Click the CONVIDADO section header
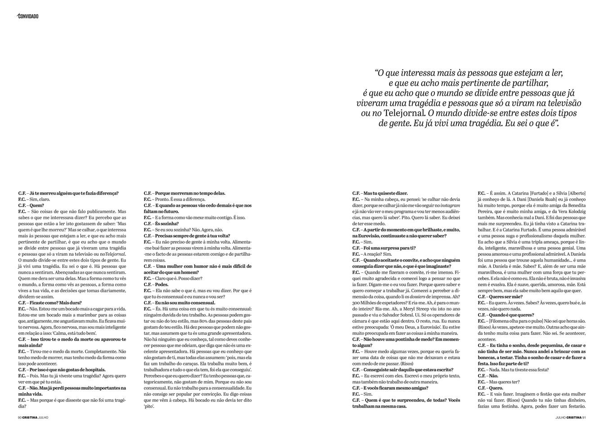(x=28, y=16)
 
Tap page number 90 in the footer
(x=20, y=418)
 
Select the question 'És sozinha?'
(x=161, y=223)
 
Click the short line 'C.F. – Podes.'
(x=156, y=285)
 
